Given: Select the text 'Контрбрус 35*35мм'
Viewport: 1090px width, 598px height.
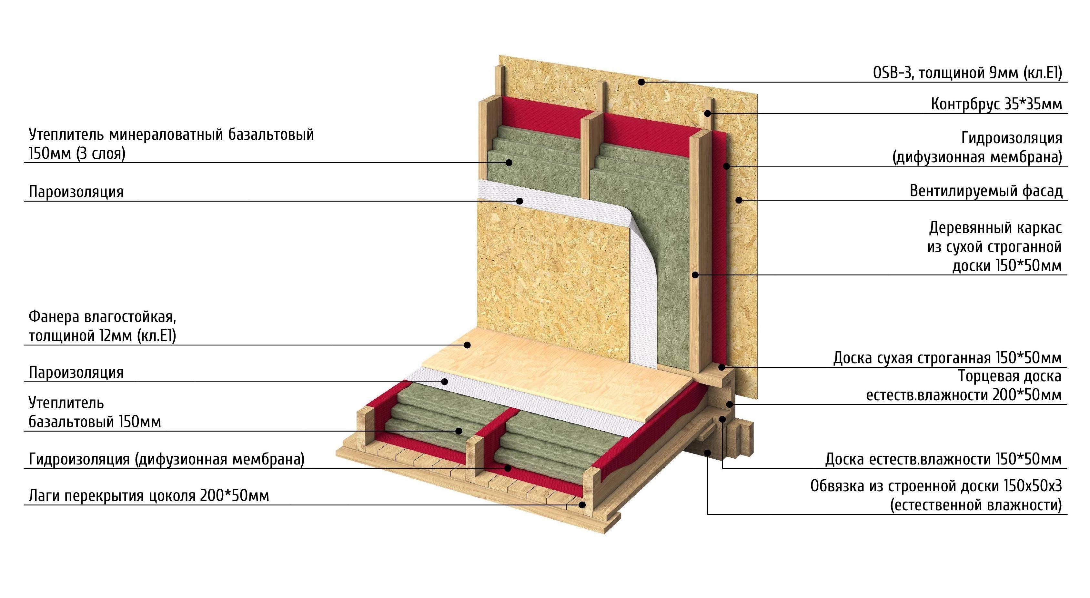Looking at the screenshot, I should pos(996,104).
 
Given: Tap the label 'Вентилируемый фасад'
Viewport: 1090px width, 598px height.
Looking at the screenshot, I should pos(985,191).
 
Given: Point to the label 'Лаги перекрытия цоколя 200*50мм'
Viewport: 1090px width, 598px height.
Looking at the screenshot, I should pos(148,495).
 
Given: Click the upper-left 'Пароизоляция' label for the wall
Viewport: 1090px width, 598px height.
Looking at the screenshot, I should pos(76,192).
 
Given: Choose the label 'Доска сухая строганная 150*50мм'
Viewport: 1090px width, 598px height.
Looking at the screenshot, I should pos(947,358).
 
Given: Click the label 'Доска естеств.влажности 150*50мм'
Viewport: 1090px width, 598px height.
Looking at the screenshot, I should pos(943,459).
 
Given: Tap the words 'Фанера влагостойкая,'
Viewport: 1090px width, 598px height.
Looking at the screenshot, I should pos(102,316).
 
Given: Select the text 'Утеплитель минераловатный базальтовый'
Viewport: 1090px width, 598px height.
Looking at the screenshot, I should pos(171,135).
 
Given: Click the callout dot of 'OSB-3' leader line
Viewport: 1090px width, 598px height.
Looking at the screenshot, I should pos(641,82).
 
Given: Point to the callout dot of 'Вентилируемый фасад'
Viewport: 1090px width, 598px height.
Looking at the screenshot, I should pos(739,200).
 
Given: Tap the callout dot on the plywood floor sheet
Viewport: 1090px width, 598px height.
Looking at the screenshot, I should pos(467,345).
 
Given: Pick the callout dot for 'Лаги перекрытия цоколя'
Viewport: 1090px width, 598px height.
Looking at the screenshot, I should pos(583,504).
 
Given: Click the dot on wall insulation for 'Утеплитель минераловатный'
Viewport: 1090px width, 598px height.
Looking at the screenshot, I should pos(510,162).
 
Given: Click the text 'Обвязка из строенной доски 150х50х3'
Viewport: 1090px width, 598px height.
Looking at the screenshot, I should pos(935,486).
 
